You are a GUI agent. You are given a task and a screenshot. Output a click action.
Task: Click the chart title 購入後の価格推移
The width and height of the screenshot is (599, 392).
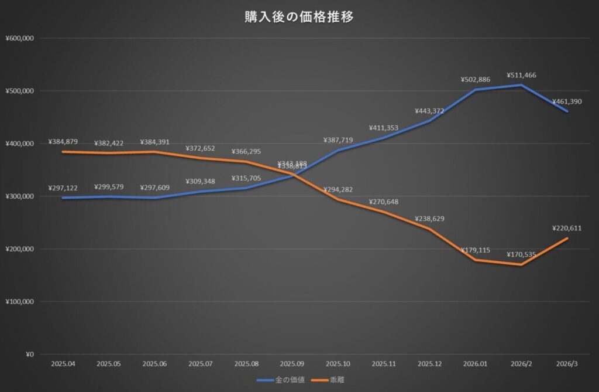coord(299,17)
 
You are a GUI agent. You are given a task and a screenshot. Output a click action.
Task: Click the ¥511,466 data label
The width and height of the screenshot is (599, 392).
coord(521,75)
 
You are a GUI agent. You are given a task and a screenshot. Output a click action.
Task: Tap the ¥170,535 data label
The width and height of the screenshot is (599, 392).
coord(521,255)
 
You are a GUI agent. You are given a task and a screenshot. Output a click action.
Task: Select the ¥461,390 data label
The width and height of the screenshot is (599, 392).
coord(567,102)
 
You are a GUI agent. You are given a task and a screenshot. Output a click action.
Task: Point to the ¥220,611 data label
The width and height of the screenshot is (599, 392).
coord(567,228)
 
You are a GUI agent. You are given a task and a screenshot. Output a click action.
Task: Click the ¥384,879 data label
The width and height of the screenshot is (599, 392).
coord(63,142)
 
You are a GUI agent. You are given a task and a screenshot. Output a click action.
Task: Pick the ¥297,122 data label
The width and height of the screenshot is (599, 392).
coord(63,188)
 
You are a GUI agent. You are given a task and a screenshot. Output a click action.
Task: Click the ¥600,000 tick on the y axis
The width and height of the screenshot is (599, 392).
coord(20,39)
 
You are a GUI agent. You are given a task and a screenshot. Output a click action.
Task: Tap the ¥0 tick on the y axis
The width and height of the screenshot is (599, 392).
coord(29,354)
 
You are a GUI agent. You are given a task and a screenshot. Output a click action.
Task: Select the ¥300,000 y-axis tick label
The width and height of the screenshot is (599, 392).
coord(20,196)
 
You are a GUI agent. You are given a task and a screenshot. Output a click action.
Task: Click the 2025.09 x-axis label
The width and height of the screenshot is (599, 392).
coord(292,364)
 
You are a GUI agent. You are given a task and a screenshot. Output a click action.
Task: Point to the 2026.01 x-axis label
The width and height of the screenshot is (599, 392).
coord(475,364)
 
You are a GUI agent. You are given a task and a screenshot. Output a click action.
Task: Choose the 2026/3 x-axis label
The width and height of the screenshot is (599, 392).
coord(567,364)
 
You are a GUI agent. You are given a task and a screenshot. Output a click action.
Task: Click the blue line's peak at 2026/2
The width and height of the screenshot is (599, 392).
coord(521,85)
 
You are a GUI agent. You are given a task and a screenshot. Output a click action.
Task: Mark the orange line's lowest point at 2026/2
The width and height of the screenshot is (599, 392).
coord(521,264)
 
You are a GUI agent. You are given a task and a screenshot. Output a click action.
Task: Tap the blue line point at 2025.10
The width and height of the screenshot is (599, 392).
coord(338,150)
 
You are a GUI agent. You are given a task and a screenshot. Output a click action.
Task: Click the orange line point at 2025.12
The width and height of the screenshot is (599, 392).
coord(429,229)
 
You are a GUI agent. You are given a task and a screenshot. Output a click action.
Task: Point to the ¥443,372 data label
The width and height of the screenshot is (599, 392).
coord(429,111)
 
